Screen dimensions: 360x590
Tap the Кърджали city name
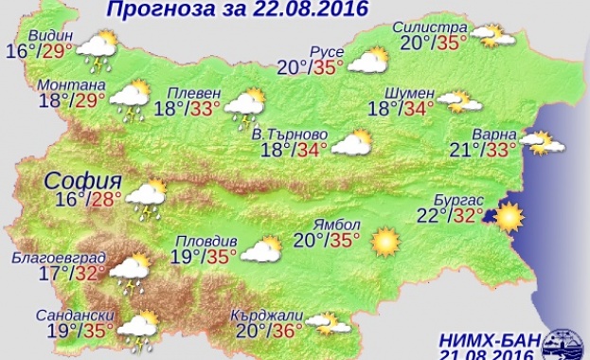tap(267, 315)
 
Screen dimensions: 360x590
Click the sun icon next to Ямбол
tap(384, 242)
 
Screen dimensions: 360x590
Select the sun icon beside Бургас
tap(508, 218)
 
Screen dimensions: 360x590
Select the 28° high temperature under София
tap(107, 198)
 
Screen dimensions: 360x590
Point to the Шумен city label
tap(410, 92)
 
